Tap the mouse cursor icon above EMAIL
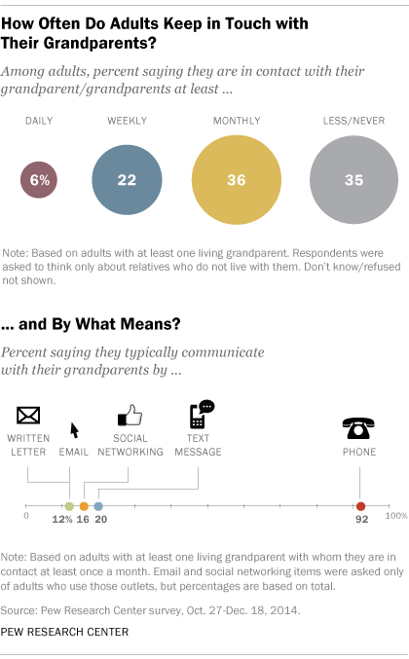pyautogui.click(x=74, y=429)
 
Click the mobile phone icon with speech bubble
pyautogui.click(x=200, y=414)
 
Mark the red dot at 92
pyautogui.click(x=361, y=506)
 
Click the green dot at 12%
pyautogui.click(x=69, y=506)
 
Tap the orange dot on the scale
pyautogui.click(x=84, y=506)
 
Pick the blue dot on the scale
pyautogui.click(x=98, y=506)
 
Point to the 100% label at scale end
pyautogui.click(x=393, y=518)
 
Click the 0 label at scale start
pyautogui.click(x=26, y=518)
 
